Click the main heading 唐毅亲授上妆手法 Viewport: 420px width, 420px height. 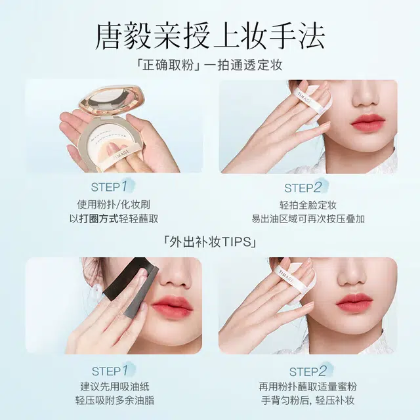(210, 37)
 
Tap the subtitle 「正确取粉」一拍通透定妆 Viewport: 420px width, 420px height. (209, 66)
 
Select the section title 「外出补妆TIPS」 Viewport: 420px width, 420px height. (210, 242)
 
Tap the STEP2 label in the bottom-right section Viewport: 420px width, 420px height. (308, 371)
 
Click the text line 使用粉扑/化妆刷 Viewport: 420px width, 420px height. (114, 205)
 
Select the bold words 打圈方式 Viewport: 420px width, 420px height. (98, 219)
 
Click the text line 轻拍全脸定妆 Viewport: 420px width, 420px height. (308, 205)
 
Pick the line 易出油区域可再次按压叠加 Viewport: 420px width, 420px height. (308, 219)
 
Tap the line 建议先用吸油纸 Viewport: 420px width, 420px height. (115, 387)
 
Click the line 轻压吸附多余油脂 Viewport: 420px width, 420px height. (115, 401)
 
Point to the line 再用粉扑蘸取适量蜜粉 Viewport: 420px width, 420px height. (308, 387)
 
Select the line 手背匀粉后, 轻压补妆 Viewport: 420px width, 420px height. (308, 401)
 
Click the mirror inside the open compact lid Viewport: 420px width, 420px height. (110, 98)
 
